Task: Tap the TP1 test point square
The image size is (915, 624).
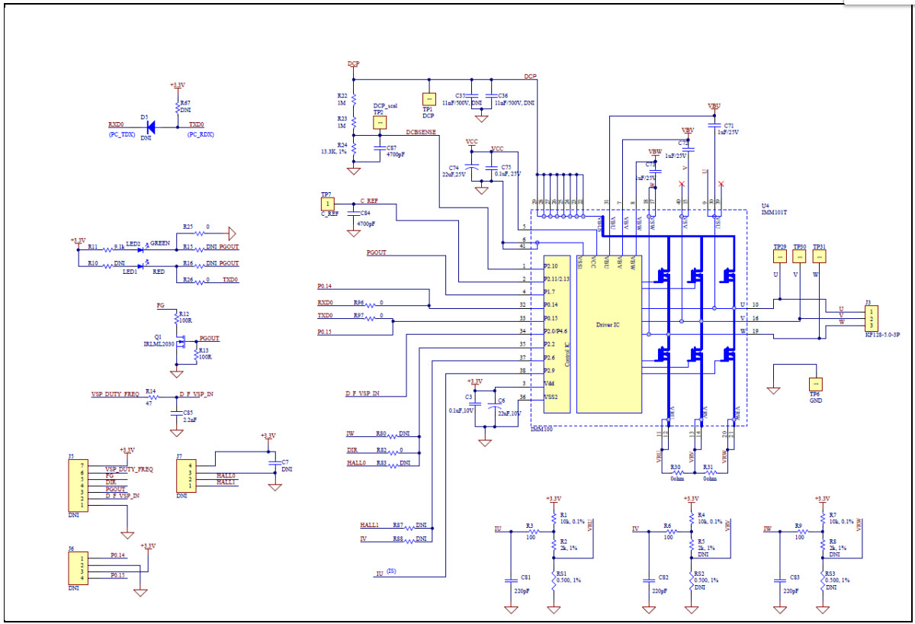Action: tap(428, 100)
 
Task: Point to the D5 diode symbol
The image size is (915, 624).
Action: tap(150, 127)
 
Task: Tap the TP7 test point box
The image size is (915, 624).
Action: tap(327, 204)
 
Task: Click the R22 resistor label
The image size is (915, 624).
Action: tap(342, 95)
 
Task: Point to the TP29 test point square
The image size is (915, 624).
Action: tap(779, 258)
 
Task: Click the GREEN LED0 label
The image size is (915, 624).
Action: tap(160, 243)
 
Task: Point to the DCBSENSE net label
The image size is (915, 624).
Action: tap(422, 132)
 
